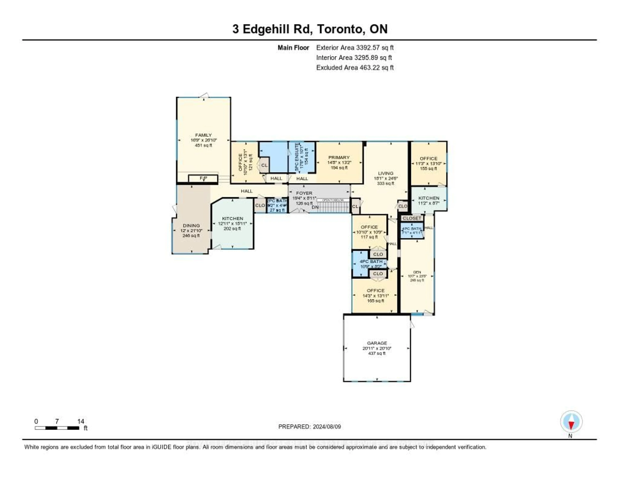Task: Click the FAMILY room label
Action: tap(203, 135)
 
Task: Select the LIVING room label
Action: tap(385, 173)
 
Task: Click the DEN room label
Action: tap(417, 272)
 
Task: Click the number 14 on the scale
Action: tap(80, 421)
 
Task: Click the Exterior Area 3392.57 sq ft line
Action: tap(355, 48)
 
